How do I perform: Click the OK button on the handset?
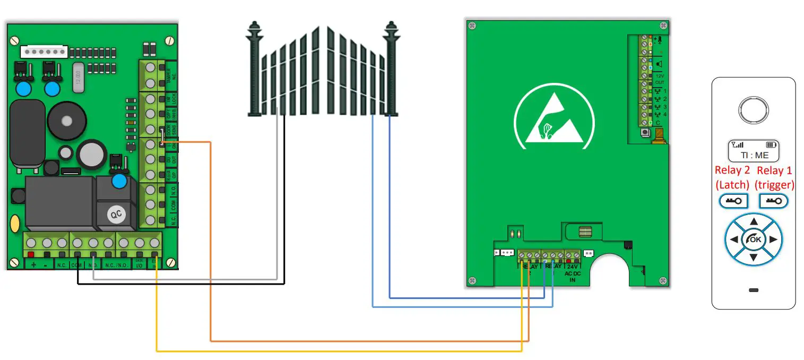[753, 239]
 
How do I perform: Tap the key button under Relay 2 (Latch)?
[733, 202]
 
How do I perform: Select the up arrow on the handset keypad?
[753, 221]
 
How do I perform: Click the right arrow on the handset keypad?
[773, 239]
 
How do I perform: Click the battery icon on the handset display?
[771, 144]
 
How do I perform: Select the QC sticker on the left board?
[116, 215]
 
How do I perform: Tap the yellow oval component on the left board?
[15, 222]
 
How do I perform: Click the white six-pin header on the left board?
[44, 52]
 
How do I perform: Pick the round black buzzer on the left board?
[66, 121]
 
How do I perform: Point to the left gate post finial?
[253, 30]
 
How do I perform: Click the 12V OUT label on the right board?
[659, 79]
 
